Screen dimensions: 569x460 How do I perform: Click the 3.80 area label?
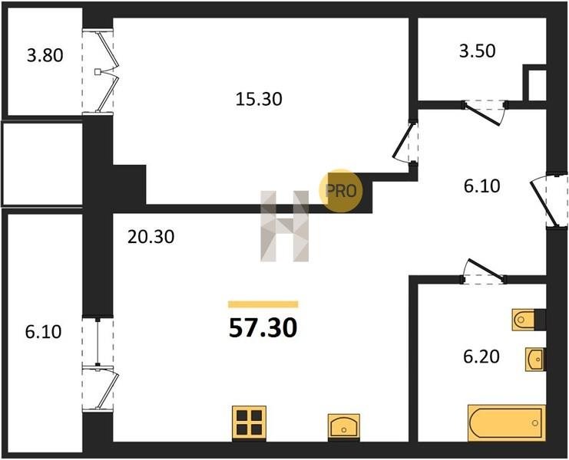point(45,55)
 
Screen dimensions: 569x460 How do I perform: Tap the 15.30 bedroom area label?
point(259,99)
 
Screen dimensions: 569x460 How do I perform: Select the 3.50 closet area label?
point(477,51)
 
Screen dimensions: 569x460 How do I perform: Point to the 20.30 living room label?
point(151,237)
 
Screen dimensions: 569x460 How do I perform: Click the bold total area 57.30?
point(263,328)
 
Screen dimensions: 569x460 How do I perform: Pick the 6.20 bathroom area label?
point(481,356)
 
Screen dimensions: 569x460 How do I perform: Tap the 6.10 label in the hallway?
point(482,186)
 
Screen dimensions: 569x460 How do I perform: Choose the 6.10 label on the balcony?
point(44,332)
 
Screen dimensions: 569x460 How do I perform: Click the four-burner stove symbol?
point(249,422)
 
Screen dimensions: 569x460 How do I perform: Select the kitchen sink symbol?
point(344,427)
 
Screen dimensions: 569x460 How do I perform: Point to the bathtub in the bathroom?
point(507,422)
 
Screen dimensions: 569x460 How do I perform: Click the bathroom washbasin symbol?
point(535,360)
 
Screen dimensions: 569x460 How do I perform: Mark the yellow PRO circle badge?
point(340,191)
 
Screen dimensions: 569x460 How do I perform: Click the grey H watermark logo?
point(284,226)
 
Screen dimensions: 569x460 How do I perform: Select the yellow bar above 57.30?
point(263,304)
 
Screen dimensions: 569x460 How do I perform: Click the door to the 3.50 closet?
point(484,113)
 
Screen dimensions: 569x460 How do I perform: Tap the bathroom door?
point(485,271)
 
